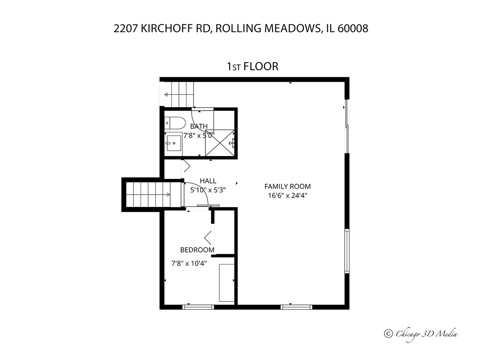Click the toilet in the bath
tap(175, 123)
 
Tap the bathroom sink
tap(174, 143)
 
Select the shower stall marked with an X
tap(220, 143)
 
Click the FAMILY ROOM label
tap(287, 186)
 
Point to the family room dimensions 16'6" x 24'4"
tap(288, 195)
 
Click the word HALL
tap(208, 181)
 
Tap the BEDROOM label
tap(197, 250)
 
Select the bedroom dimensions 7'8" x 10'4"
tap(189, 263)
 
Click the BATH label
tap(199, 126)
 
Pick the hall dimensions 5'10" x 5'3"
tap(208, 190)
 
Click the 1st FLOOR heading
tap(253, 66)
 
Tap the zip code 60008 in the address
tap(353, 28)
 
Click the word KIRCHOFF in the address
tap(167, 28)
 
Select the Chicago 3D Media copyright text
tap(421, 334)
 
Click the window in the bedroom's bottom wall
tap(198, 307)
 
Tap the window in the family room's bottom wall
tap(296, 307)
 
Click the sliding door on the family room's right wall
tap(347, 126)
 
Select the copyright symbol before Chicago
tap(388, 333)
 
